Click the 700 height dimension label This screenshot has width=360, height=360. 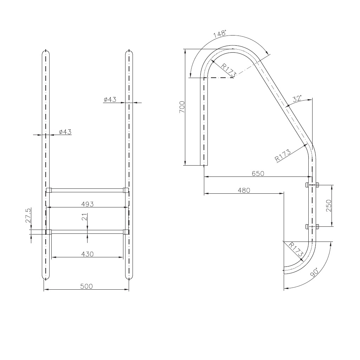point(182,107)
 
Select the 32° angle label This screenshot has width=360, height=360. point(297,99)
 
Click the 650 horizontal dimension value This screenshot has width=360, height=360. point(258,173)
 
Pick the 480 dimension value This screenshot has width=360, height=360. point(244,190)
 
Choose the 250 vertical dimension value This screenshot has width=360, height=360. point(329,205)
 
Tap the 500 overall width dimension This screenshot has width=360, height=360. point(86,286)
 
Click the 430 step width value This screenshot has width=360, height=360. point(88,254)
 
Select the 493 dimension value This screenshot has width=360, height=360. point(88,204)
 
